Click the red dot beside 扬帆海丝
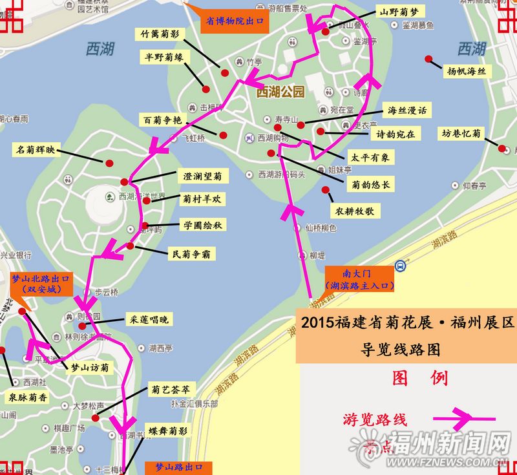(428, 59)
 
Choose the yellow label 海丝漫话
(407, 111)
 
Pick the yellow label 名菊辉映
(36, 151)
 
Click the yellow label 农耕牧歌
(354, 211)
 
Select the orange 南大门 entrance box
(359, 279)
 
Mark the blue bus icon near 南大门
(401, 265)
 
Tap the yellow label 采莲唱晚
(149, 319)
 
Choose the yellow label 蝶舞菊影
(167, 430)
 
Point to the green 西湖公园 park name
(280, 92)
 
